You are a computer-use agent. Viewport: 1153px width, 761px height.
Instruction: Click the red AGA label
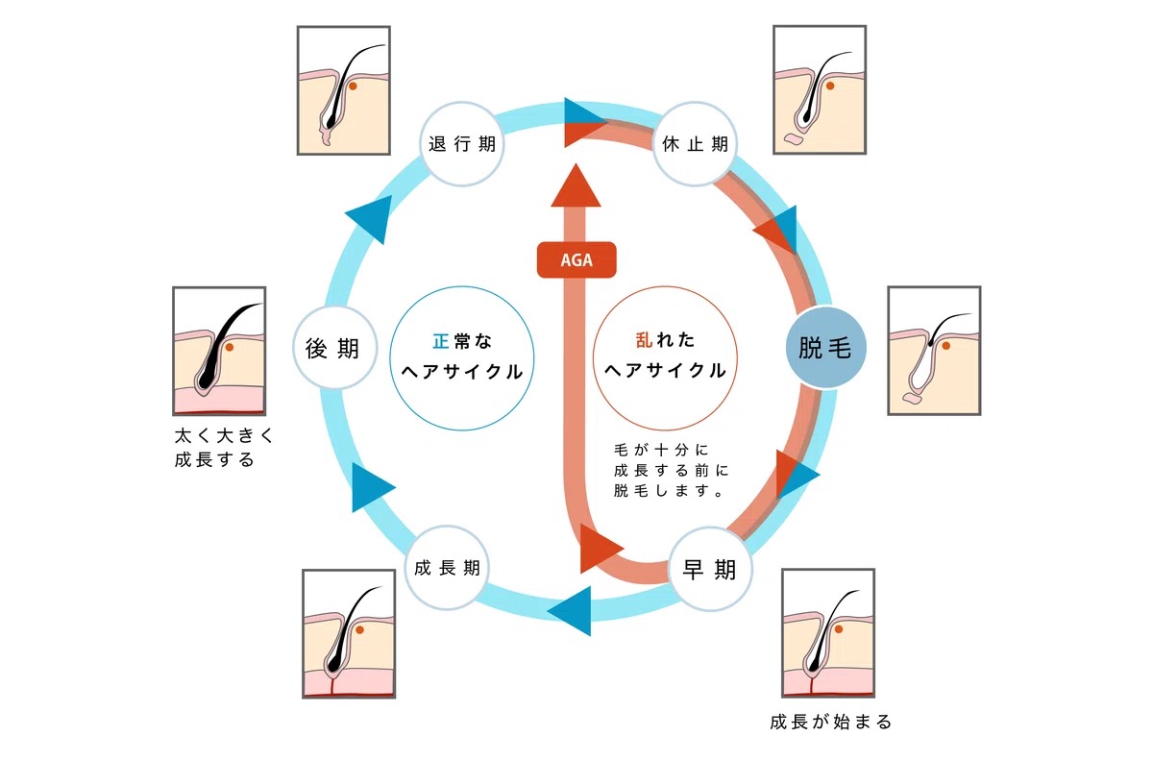click(576, 260)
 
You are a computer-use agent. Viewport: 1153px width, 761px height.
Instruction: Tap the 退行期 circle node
click(462, 144)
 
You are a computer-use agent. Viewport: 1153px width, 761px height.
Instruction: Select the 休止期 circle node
click(694, 144)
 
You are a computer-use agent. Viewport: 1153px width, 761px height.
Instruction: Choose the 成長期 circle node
click(447, 568)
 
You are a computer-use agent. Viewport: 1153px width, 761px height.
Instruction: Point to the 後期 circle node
click(332, 348)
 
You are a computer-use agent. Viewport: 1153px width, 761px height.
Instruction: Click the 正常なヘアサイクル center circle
click(462, 356)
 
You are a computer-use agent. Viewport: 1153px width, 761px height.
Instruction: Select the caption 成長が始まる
click(831, 722)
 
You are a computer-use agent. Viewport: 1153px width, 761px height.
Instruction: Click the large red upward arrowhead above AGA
click(576, 185)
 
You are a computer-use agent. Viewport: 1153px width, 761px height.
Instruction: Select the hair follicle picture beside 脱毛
click(934, 350)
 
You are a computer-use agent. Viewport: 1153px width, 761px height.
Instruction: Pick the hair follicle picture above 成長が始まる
click(828, 632)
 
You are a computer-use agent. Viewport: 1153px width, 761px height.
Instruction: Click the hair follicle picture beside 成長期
click(349, 633)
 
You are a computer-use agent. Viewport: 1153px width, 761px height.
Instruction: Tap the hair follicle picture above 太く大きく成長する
click(219, 350)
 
